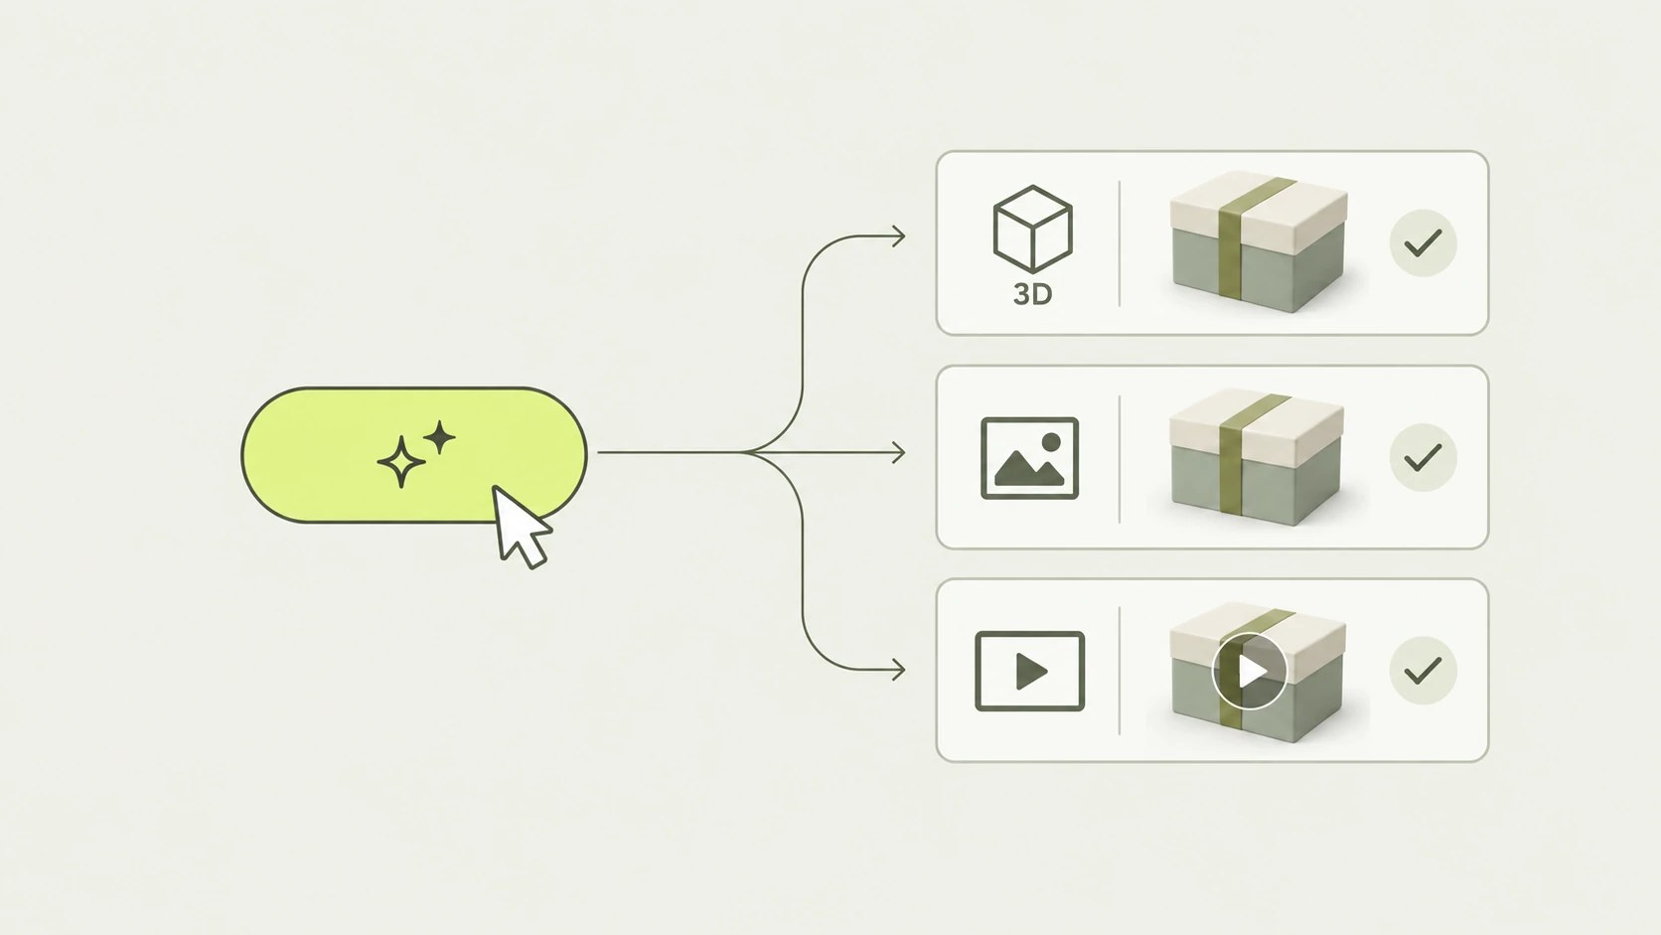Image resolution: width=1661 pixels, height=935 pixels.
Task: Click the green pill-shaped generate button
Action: (414, 454)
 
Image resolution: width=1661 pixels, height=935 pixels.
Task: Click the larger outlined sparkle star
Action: (401, 461)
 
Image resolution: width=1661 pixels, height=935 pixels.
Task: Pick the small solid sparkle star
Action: (440, 437)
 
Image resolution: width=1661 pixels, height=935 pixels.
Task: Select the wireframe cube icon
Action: (1032, 230)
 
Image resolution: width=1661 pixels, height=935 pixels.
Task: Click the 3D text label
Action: (1032, 294)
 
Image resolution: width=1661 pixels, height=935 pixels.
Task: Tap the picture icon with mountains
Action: (1029, 458)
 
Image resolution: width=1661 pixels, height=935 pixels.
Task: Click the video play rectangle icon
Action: (1029, 671)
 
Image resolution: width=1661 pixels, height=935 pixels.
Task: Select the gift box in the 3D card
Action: (1259, 241)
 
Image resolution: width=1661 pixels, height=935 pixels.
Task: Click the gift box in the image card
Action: (1257, 457)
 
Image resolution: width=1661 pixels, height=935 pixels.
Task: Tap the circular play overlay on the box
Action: (1250, 671)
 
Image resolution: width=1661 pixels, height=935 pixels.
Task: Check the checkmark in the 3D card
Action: (1423, 243)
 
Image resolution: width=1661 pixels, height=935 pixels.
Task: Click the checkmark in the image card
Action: (1423, 457)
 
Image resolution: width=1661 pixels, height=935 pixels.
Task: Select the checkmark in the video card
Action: (1423, 671)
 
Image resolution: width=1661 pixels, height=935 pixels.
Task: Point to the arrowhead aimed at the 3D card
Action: (899, 236)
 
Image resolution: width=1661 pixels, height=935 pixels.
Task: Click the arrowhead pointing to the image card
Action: (899, 452)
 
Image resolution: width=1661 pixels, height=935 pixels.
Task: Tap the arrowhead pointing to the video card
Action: (899, 670)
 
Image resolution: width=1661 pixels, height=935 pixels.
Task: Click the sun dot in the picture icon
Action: (1051, 443)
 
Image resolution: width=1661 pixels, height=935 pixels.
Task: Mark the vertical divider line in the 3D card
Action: (1119, 243)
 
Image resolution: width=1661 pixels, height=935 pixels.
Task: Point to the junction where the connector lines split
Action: (747, 452)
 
